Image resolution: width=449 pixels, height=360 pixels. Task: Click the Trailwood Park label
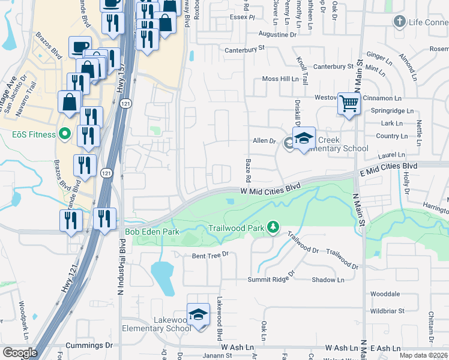pyautogui.click(x=237, y=228)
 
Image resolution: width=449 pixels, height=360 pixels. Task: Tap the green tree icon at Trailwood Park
pyautogui.click(x=274, y=227)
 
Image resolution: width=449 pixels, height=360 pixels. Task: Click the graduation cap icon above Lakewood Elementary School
pyautogui.click(x=198, y=314)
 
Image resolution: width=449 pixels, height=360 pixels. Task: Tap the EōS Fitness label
pyautogui.click(x=28, y=134)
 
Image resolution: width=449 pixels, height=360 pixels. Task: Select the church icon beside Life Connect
pyautogui.click(x=399, y=22)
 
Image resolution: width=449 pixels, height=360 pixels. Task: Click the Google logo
pyautogui.click(x=20, y=353)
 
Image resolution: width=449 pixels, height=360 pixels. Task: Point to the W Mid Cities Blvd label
pyautogui.click(x=270, y=188)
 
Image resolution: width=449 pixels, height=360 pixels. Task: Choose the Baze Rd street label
pyautogui.click(x=247, y=170)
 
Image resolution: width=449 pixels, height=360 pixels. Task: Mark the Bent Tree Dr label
pyautogui.click(x=211, y=255)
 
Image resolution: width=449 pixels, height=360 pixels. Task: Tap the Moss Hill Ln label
pyautogui.click(x=280, y=79)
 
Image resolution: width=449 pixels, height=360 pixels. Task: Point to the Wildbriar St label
pyautogui.click(x=388, y=311)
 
